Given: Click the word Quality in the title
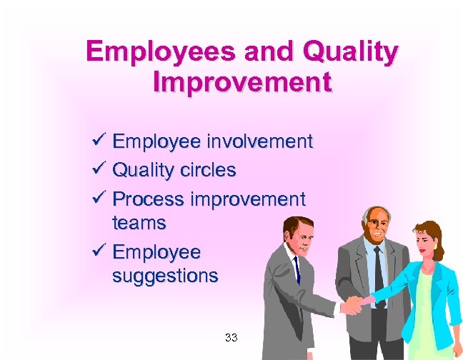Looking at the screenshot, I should (351, 52).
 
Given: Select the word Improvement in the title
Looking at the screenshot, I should (242, 81).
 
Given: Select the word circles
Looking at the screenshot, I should (206, 171).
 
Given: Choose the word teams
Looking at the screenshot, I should (139, 223).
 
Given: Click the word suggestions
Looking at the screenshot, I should (165, 276).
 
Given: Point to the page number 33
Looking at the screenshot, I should (231, 336).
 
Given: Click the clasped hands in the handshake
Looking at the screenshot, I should (354, 303).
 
